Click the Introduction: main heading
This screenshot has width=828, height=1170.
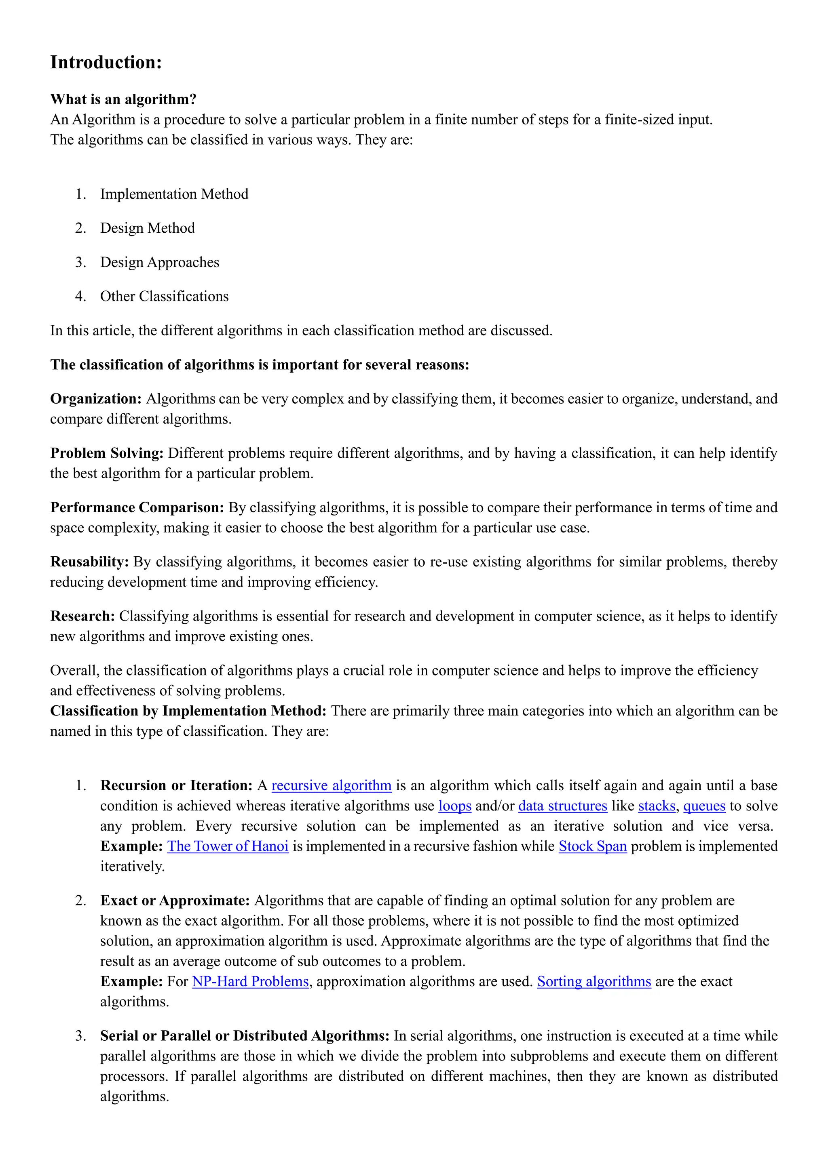[x=106, y=62]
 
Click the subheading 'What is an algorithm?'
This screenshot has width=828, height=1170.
[x=123, y=99]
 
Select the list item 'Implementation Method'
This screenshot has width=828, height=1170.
[x=174, y=194]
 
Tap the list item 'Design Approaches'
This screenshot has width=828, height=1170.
[x=160, y=263]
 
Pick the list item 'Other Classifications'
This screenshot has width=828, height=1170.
[x=164, y=297]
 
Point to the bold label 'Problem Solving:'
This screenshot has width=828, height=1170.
[x=107, y=453]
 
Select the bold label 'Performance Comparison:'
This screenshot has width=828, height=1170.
[x=137, y=507]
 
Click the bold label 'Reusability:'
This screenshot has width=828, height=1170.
[x=89, y=562]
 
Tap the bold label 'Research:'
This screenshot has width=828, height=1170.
[x=82, y=616]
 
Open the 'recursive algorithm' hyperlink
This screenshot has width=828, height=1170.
[x=332, y=785]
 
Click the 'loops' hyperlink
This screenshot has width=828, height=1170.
[x=454, y=806]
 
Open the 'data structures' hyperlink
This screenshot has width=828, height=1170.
[x=562, y=806]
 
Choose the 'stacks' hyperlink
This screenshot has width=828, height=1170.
[x=657, y=806]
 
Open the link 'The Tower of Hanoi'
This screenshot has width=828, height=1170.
[x=228, y=846]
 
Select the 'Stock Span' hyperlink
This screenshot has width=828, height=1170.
[x=592, y=846]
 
